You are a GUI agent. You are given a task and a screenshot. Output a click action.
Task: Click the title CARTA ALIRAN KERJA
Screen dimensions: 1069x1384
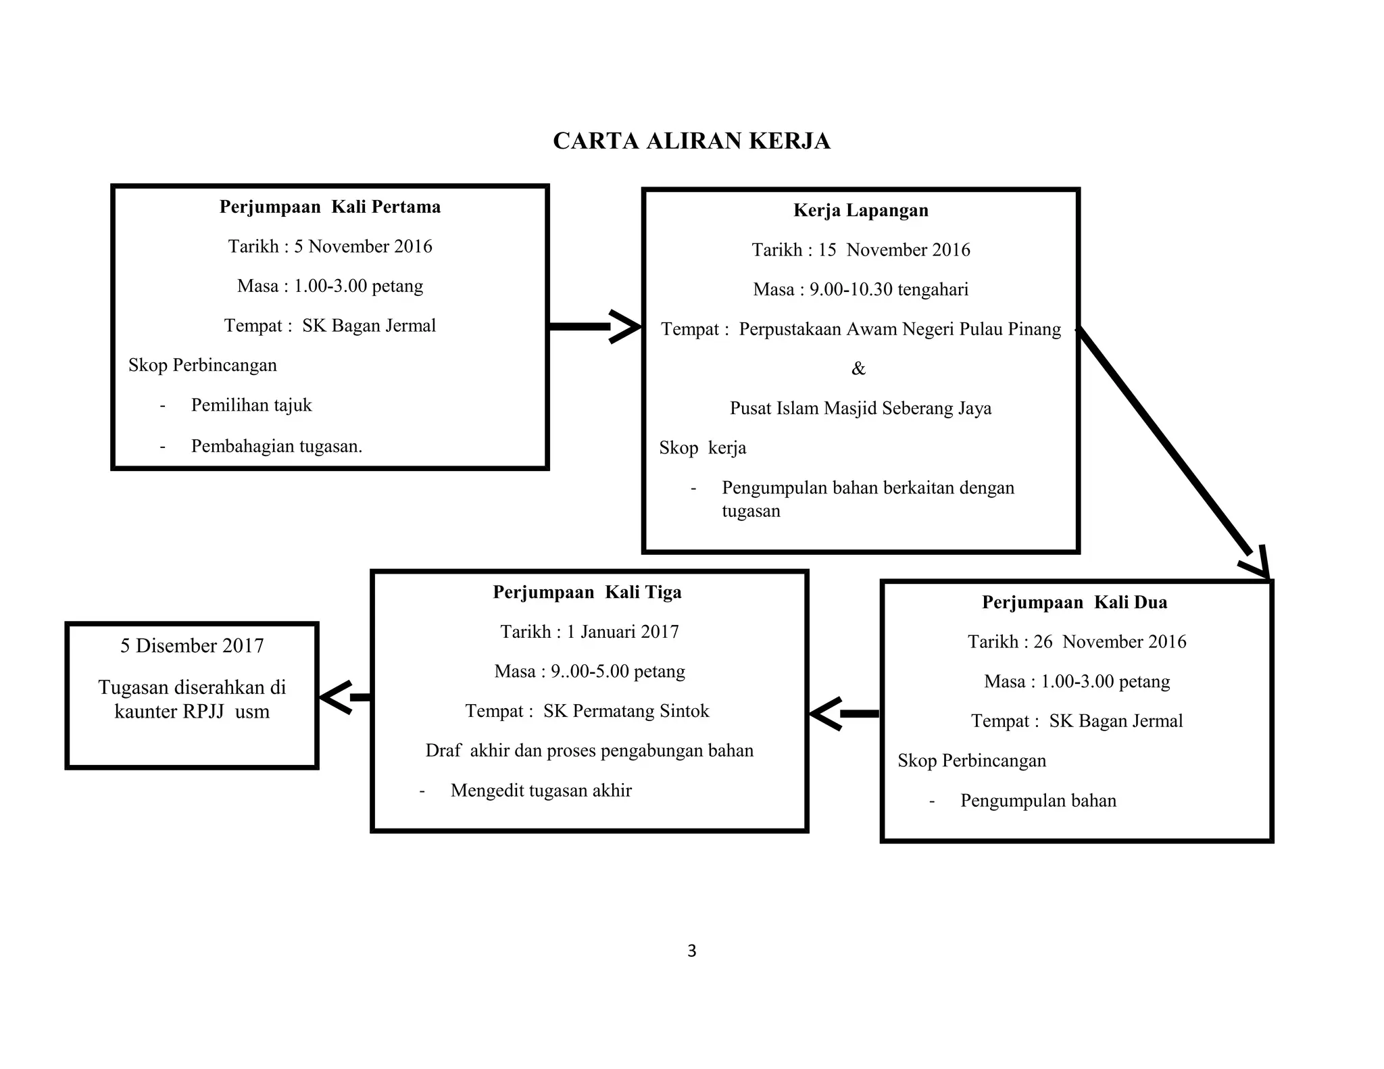point(691,141)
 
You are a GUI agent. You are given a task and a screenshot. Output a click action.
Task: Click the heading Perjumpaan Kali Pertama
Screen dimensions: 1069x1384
point(330,207)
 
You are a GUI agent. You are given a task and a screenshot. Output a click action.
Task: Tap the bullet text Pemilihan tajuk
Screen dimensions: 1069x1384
point(251,405)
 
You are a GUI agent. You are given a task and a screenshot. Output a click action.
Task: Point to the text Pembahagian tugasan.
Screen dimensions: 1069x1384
point(276,447)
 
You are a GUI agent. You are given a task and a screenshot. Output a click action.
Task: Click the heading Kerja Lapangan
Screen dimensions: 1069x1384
point(860,210)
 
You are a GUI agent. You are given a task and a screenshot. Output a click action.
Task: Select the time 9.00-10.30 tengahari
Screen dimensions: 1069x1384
point(889,290)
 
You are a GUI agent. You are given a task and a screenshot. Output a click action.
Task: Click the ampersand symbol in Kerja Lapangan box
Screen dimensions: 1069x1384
point(858,369)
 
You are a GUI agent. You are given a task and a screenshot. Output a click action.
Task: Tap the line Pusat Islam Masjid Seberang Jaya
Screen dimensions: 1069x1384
point(860,409)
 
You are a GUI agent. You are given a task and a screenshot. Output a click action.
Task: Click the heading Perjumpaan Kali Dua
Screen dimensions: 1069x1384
point(1074,602)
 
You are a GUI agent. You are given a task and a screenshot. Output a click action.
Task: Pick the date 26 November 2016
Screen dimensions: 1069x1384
point(1110,642)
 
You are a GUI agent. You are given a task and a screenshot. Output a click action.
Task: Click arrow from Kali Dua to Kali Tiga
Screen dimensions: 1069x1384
point(845,714)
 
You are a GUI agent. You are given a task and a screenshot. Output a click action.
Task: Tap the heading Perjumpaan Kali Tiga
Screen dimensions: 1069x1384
point(587,592)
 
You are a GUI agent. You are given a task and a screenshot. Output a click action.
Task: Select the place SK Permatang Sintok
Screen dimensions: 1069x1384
point(626,712)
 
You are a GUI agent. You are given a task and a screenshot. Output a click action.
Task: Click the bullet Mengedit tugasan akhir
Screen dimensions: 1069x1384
point(541,791)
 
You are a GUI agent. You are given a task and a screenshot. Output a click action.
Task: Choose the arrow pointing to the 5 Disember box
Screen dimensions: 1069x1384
point(345,697)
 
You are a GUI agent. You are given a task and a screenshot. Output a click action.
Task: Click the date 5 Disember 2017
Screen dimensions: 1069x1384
point(192,646)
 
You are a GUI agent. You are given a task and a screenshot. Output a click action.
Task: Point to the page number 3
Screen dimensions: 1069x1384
point(691,951)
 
